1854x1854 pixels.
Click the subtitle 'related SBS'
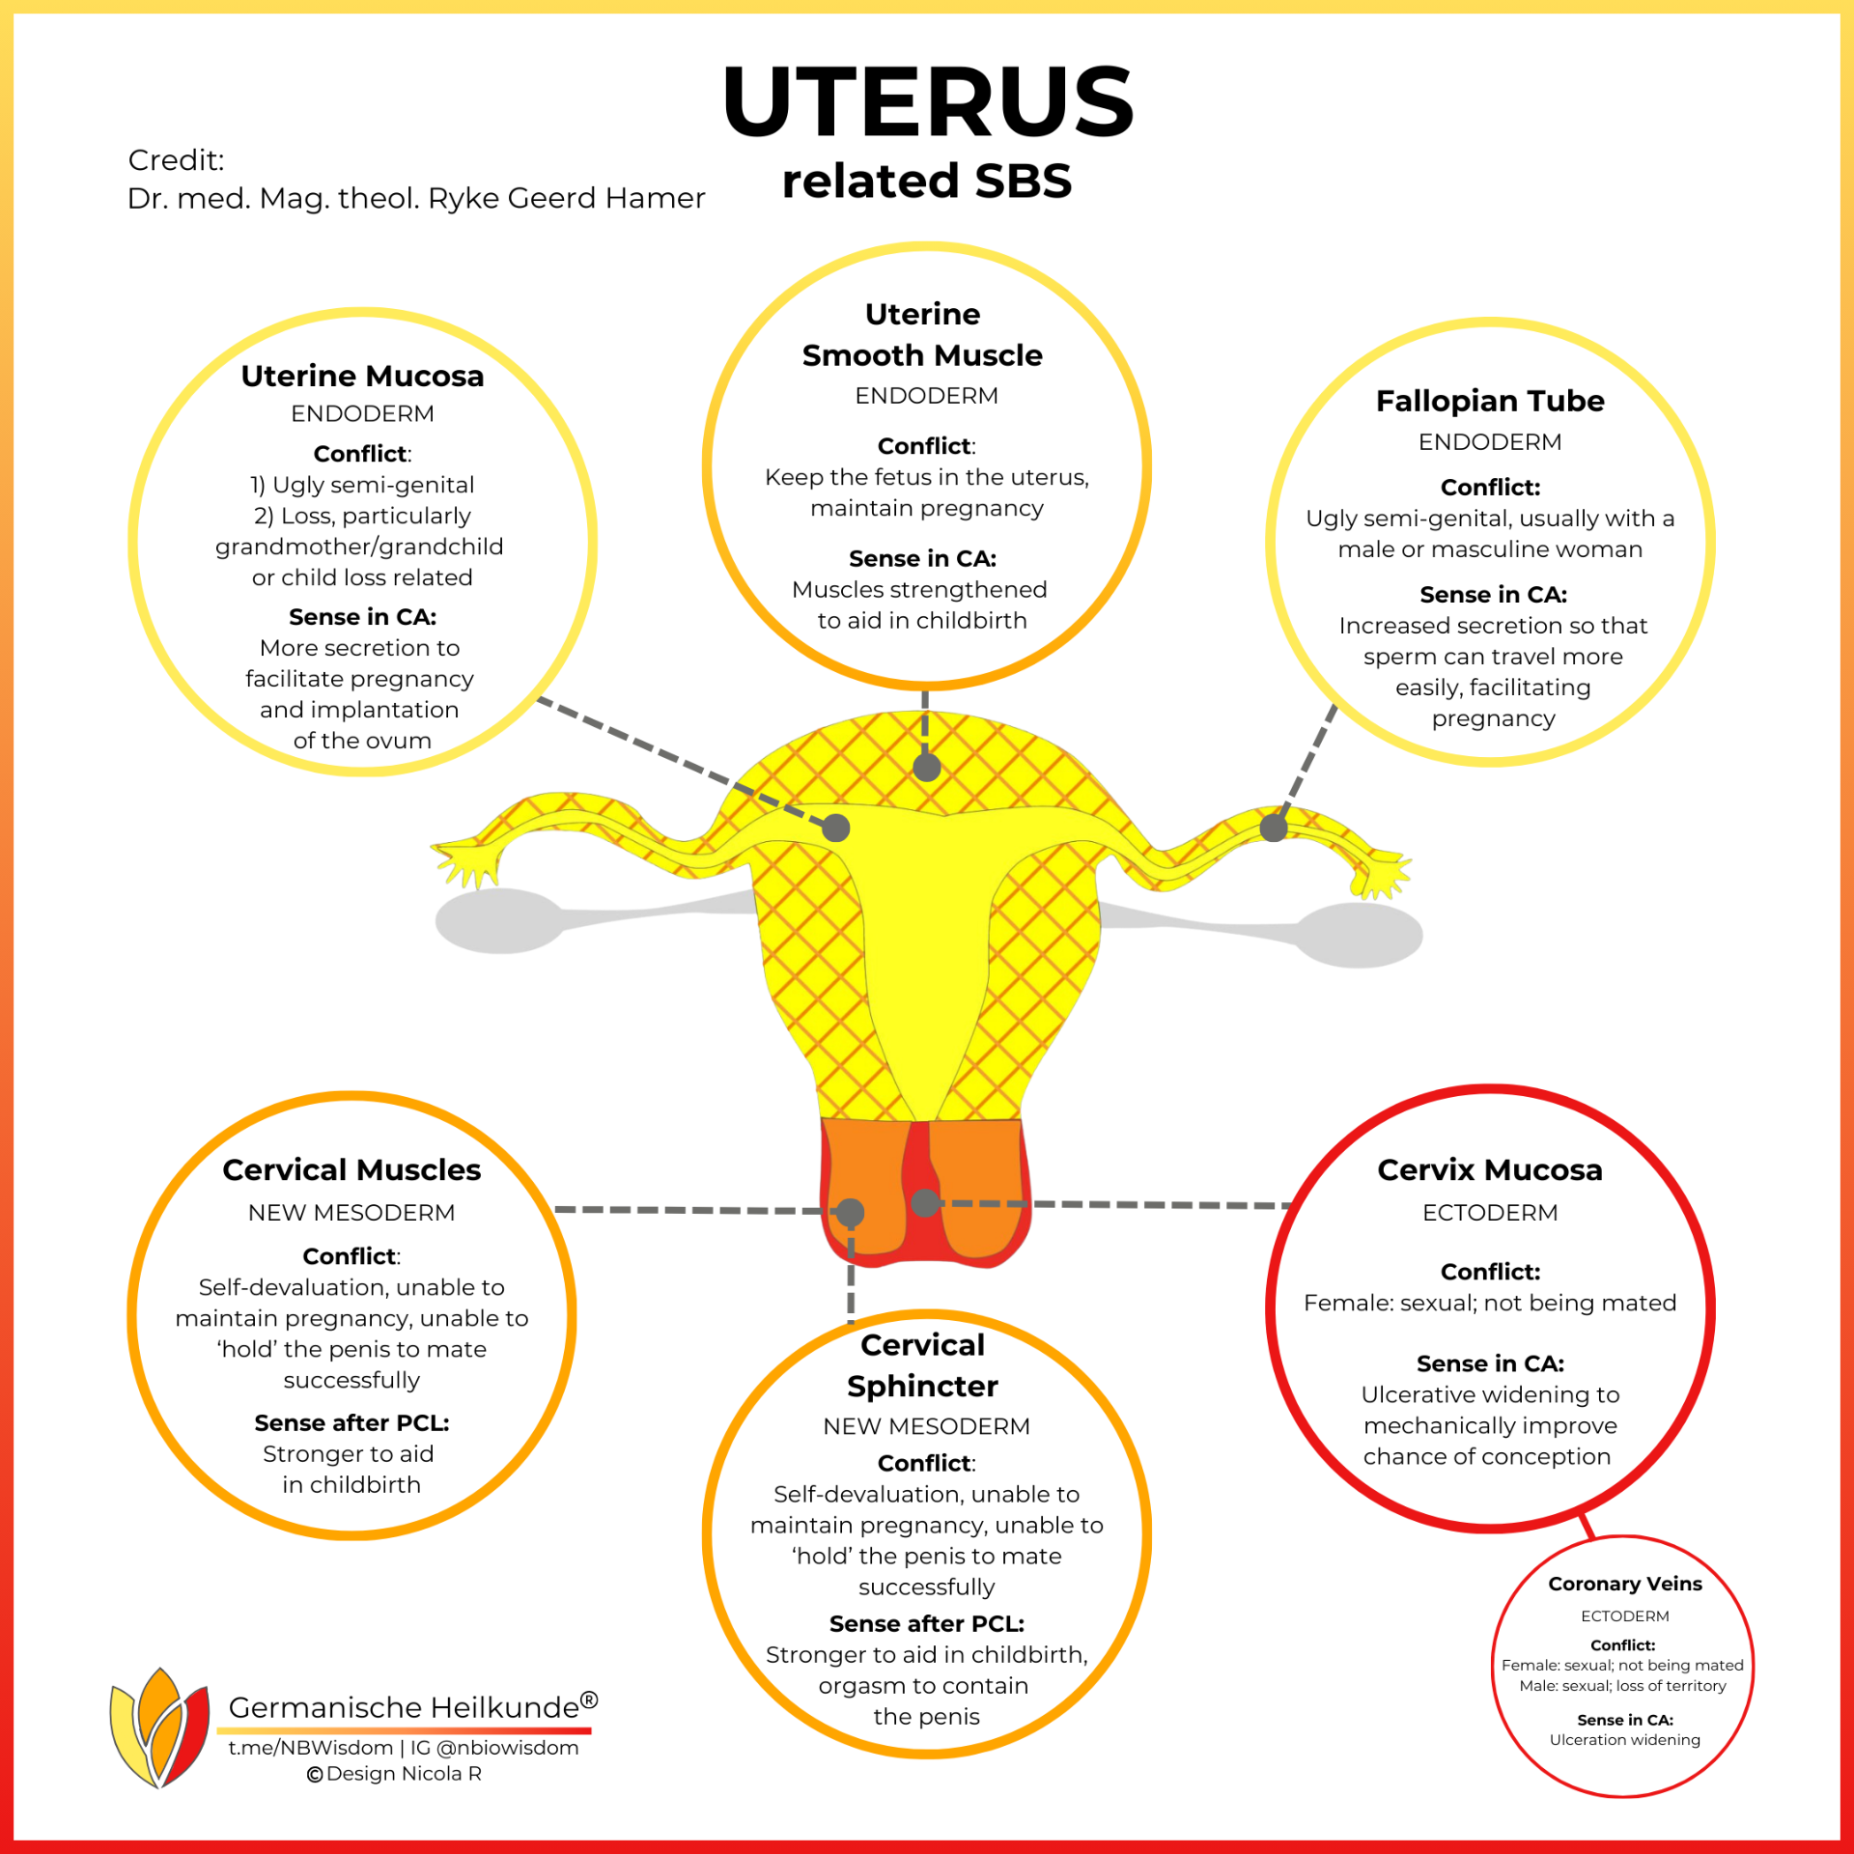click(x=927, y=182)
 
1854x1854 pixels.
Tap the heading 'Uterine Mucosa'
click(x=362, y=376)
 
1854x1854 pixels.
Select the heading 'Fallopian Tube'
click(x=1490, y=401)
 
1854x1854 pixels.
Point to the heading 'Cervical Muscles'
click(x=351, y=1170)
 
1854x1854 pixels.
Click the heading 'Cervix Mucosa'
click(x=1490, y=1170)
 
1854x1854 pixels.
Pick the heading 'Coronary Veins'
click(x=1625, y=1584)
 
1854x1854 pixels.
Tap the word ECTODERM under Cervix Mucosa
click(x=1490, y=1213)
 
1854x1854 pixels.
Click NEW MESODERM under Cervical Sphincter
click(x=927, y=1426)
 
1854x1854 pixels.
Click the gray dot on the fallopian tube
click(x=1274, y=828)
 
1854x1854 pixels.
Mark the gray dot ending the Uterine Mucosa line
click(x=836, y=828)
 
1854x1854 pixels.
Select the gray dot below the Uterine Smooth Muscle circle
click(x=927, y=768)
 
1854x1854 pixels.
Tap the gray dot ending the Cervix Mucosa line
click(x=926, y=1202)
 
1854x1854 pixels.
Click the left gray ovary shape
click(x=499, y=920)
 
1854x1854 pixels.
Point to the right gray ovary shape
click(x=1359, y=935)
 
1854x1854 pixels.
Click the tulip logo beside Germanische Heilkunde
click(x=160, y=1728)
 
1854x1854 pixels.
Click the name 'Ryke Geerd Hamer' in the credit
click(x=567, y=198)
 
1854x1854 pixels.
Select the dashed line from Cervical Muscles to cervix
click(x=690, y=1210)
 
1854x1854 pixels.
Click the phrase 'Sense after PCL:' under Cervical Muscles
click(x=351, y=1422)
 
